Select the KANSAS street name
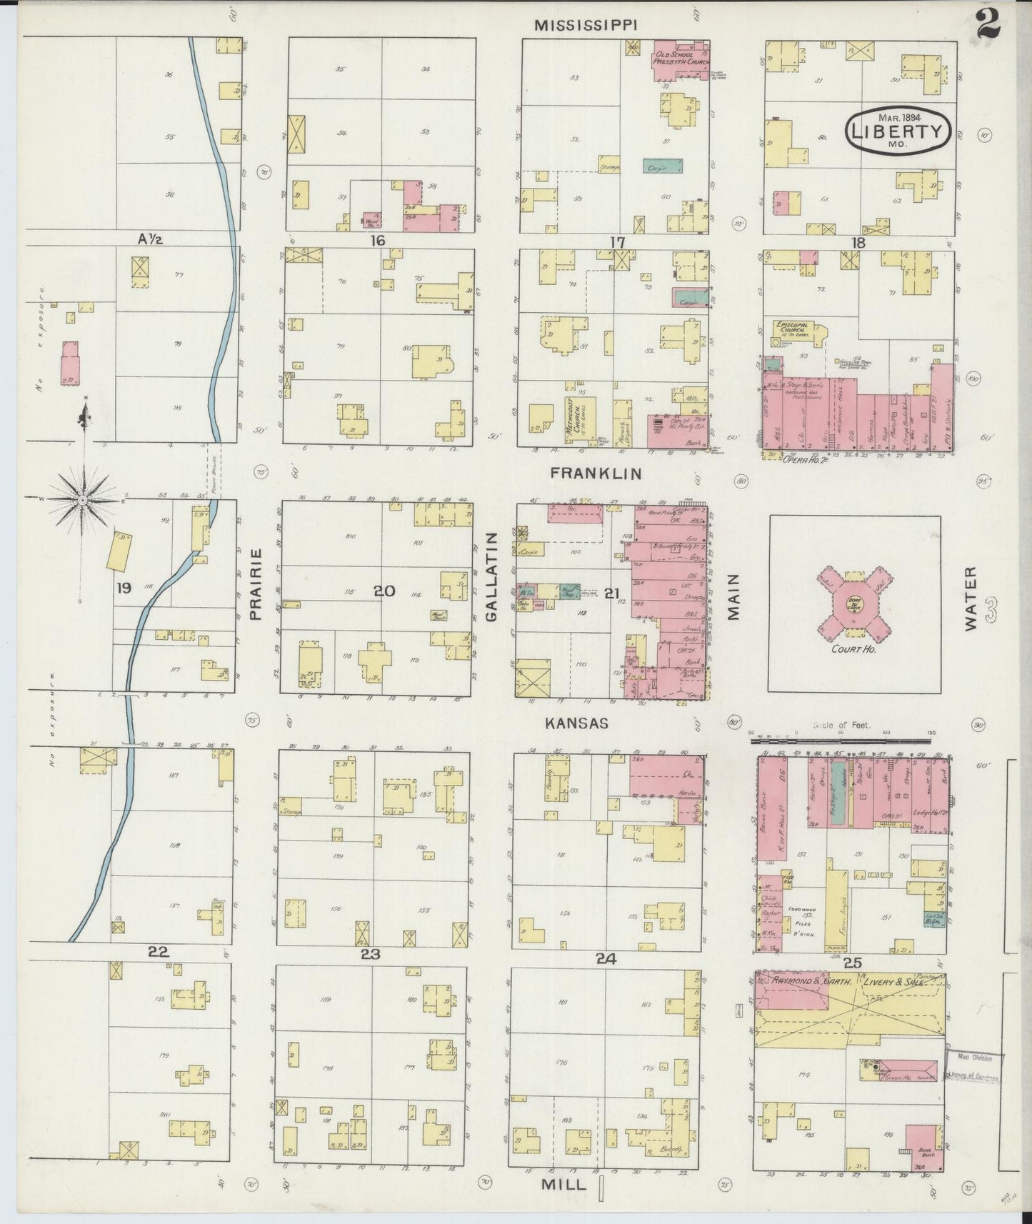(576, 723)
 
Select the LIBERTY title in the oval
(899, 131)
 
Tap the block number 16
(377, 241)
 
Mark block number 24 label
(606, 959)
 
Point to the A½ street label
(150, 239)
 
